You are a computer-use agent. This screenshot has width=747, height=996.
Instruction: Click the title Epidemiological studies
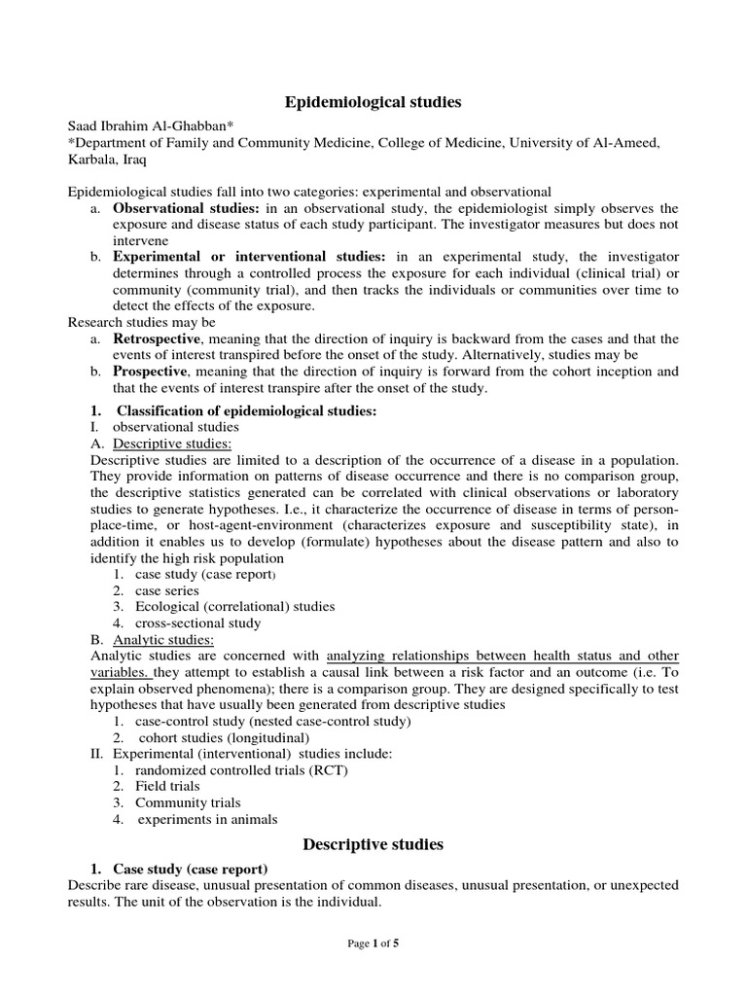[x=373, y=101]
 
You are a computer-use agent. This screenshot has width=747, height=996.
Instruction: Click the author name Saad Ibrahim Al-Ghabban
[x=154, y=127]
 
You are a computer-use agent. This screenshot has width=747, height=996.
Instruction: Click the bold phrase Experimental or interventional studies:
[x=249, y=257]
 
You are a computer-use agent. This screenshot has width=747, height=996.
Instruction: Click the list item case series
[x=167, y=590]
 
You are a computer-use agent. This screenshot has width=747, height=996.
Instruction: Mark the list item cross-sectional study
[x=198, y=622]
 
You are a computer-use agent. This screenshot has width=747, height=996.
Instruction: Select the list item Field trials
[x=167, y=786]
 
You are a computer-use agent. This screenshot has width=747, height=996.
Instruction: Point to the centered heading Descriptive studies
[x=373, y=844]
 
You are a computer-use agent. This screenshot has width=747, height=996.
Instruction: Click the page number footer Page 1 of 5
[x=373, y=943]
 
